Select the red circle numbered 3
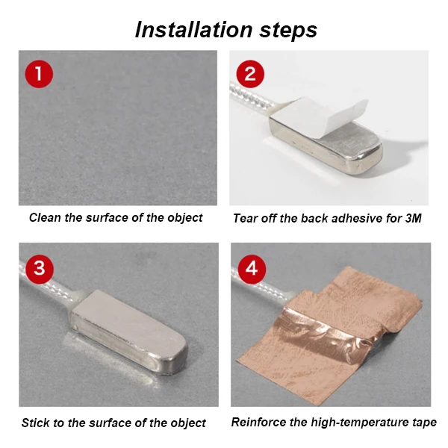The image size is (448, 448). point(39,267)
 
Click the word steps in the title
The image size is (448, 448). point(286,30)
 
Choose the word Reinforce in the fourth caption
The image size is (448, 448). point(258,422)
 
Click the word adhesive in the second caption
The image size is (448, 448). point(344,218)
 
